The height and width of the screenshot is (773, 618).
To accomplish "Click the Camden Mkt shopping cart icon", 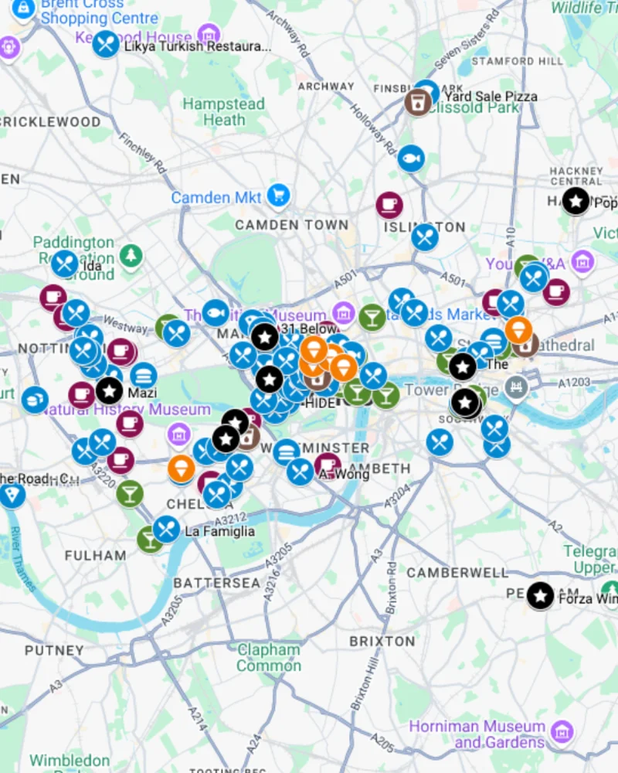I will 278,195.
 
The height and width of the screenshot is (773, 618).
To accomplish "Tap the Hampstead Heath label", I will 223,112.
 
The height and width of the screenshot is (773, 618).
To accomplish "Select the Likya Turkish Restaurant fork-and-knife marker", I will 106,44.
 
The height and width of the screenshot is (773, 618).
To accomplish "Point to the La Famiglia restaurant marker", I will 166,529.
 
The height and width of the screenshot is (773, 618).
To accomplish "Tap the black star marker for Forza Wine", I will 541,595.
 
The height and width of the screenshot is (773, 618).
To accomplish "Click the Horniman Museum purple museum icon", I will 562,731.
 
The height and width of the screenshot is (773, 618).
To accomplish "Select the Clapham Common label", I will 268,658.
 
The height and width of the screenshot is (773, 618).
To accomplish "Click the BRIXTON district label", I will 382,641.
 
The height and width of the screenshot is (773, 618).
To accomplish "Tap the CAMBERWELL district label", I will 457,573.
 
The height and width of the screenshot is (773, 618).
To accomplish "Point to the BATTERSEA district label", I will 216,583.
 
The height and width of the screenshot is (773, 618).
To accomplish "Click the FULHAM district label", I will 95,555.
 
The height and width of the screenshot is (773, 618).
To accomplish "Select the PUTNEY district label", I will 53,650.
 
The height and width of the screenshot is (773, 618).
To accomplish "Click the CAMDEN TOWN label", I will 291,225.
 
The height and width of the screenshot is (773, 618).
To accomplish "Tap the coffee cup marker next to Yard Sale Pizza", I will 416,101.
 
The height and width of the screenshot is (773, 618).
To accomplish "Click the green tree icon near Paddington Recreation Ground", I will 131,256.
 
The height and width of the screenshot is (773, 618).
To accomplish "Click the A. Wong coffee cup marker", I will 327,466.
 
